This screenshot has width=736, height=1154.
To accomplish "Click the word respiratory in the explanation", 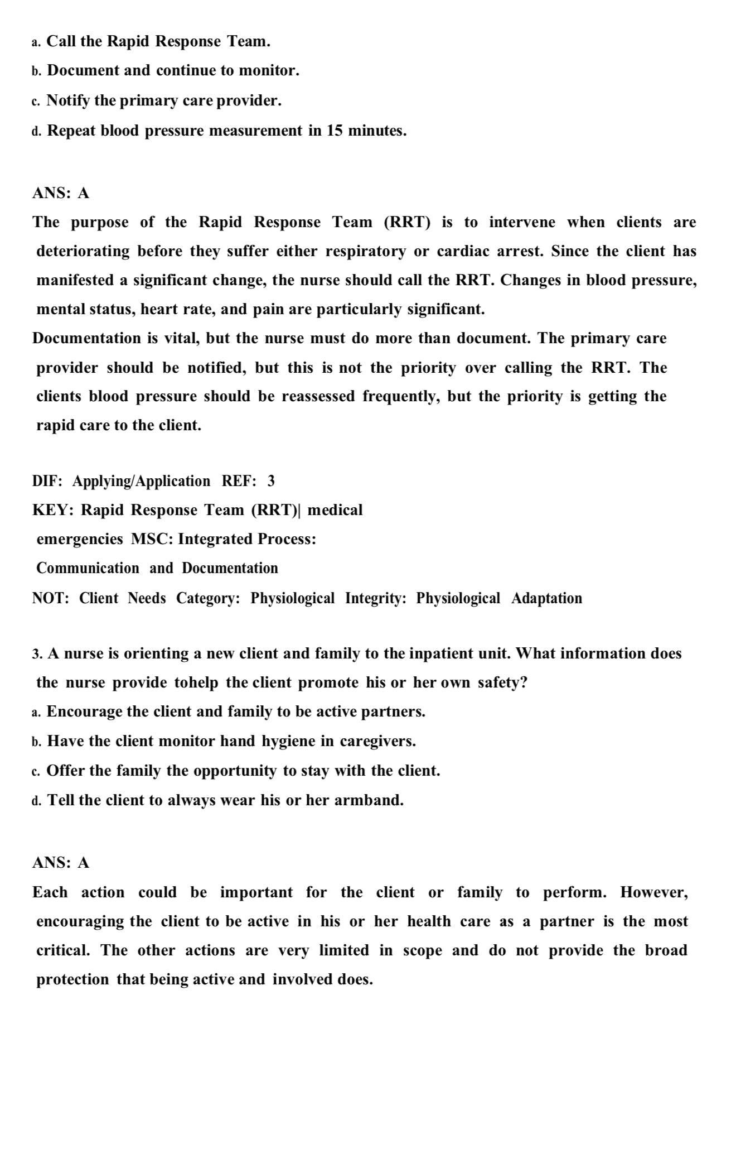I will tap(365, 252).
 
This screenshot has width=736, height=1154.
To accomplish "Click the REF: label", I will tap(239, 481).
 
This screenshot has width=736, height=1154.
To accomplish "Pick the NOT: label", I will tap(51, 598).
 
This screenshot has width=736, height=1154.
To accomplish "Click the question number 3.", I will tap(37, 654).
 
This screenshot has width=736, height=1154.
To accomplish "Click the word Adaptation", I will tap(546, 598).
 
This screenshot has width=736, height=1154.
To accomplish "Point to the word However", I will tap(654, 892).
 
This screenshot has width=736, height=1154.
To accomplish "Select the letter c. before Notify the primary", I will tap(36, 102).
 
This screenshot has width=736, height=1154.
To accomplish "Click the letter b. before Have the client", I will tap(36, 742).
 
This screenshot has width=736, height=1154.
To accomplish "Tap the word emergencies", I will tap(80, 539).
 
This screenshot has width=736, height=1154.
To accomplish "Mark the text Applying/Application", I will tap(141, 481).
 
